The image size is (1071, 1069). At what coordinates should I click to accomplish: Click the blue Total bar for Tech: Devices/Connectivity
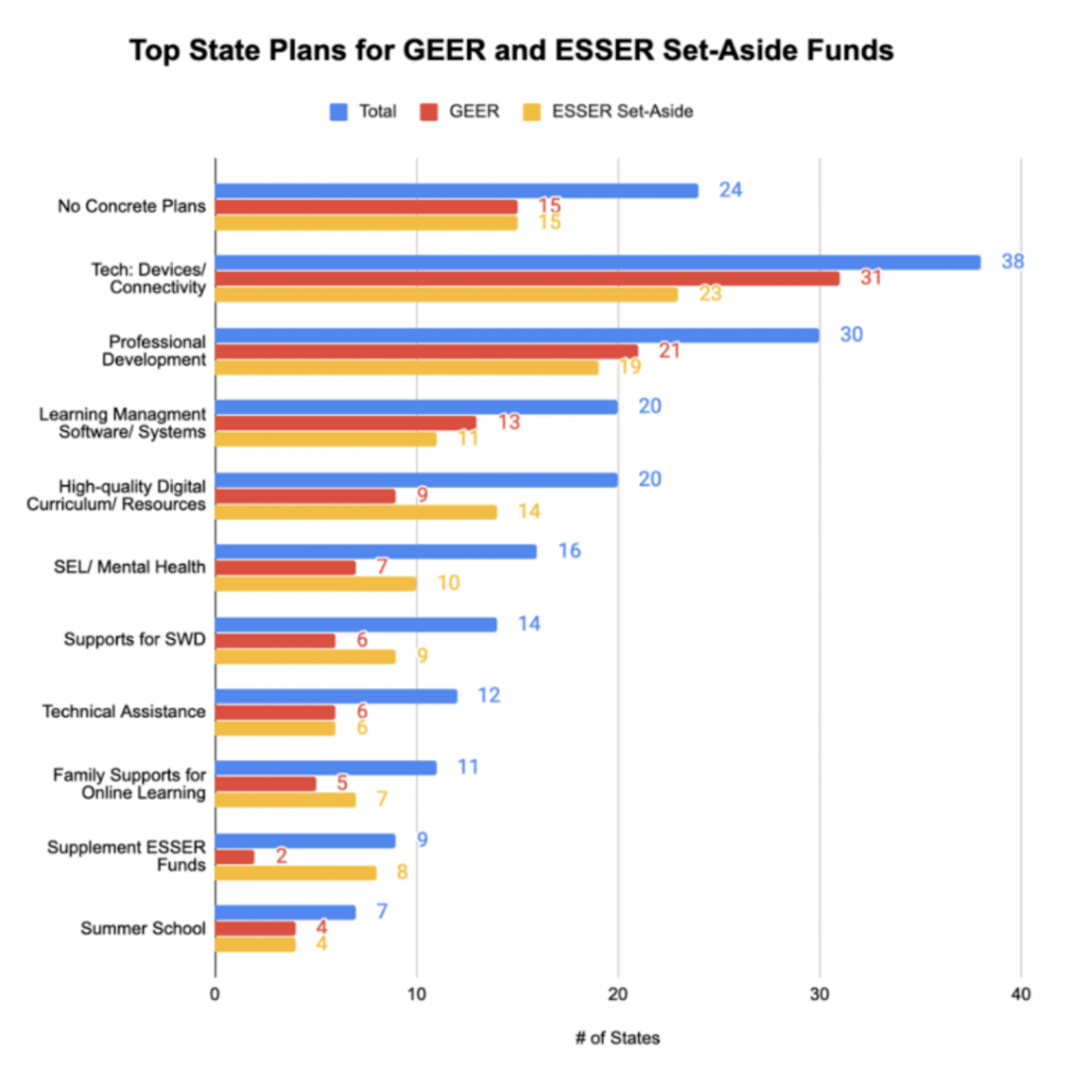598,262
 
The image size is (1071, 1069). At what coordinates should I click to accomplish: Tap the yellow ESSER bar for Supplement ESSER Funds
295,873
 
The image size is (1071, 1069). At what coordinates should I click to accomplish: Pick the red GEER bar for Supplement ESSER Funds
235,857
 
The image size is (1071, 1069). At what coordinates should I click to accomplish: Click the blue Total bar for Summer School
286,912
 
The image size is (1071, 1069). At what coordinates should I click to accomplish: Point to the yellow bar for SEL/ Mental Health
316,584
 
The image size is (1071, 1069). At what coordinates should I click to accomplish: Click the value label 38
1012,261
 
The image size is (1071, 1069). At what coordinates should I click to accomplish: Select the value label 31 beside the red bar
870,278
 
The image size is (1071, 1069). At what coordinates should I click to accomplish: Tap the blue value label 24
730,190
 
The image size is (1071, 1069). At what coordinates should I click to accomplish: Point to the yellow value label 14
529,511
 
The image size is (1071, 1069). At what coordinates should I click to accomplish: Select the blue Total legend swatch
339,112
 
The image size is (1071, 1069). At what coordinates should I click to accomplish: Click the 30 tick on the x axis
818,994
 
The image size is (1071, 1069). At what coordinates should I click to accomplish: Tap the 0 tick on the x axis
215,994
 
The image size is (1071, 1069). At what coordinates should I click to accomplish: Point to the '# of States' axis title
618,1038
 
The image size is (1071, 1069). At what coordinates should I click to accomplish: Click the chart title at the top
511,50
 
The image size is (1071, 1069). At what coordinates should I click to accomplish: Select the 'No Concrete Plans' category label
131,206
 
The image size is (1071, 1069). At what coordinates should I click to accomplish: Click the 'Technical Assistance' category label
123,711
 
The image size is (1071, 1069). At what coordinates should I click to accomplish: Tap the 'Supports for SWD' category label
134,639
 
